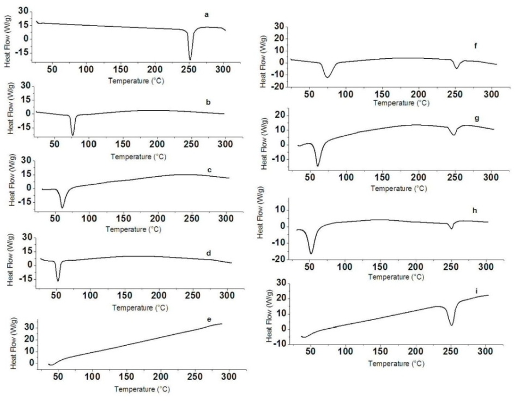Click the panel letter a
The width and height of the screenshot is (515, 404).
[x=207, y=14]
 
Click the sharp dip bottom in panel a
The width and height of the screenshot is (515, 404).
[x=190, y=59]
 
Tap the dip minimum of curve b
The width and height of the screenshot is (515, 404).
[x=73, y=135]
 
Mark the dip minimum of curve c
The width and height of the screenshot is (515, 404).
[x=63, y=207]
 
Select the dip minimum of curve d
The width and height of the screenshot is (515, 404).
[x=58, y=281]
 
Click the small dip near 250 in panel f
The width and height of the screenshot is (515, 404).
[x=457, y=68]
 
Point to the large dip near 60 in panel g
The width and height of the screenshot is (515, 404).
[x=318, y=165]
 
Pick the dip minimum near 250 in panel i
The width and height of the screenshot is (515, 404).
[x=452, y=325]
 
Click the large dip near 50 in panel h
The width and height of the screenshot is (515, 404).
[x=311, y=253]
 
